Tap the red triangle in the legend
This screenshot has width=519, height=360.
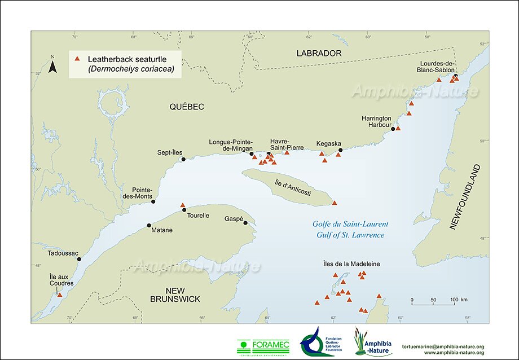[x=79, y=58]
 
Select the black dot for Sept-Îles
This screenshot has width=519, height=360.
[x=183, y=160]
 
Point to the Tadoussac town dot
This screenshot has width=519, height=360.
[x=79, y=259]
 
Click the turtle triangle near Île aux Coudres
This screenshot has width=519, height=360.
[x=60, y=295]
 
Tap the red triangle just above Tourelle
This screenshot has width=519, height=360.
[x=182, y=205]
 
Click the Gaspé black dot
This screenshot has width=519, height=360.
[x=245, y=223]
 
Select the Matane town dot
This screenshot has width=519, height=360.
[x=149, y=225]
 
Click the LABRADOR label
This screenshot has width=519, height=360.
[x=319, y=53]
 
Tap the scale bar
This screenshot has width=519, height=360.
[x=433, y=304]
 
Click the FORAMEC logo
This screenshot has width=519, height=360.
[x=264, y=344]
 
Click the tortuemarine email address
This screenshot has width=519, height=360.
[x=442, y=345]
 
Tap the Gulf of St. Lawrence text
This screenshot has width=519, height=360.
[x=350, y=235]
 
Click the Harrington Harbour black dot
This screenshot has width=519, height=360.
[x=393, y=129]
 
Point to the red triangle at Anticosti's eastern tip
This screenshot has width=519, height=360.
[x=335, y=203]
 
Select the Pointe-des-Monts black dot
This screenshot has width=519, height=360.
[x=153, y=201]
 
